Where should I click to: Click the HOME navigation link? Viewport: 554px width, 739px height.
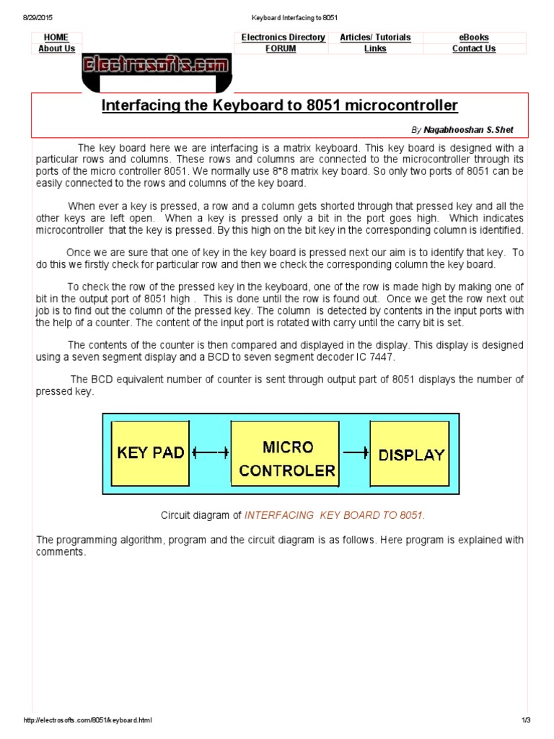[56, 38]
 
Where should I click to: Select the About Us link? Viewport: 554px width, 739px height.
[56, 49]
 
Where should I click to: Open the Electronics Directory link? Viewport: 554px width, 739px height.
[283, 38]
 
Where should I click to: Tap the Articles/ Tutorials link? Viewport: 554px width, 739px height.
[375, 38]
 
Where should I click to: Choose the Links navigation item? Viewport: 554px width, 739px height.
[375, 49]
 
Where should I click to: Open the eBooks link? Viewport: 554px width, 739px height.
[474, 38]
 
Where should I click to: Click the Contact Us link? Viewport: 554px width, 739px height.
[474, 49]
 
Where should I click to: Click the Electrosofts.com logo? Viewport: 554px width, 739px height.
[157, 66]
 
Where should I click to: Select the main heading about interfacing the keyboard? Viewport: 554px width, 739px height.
[279, 106]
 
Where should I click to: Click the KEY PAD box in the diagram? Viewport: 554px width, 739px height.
[151, 453]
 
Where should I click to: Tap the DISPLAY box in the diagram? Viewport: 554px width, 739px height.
[411, 455]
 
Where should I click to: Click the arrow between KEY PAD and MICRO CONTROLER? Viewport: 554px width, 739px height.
[211, 452]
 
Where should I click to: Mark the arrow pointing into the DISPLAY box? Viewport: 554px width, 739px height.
[355, 452]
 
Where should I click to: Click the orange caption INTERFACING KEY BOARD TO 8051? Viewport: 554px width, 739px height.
[335, 515]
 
